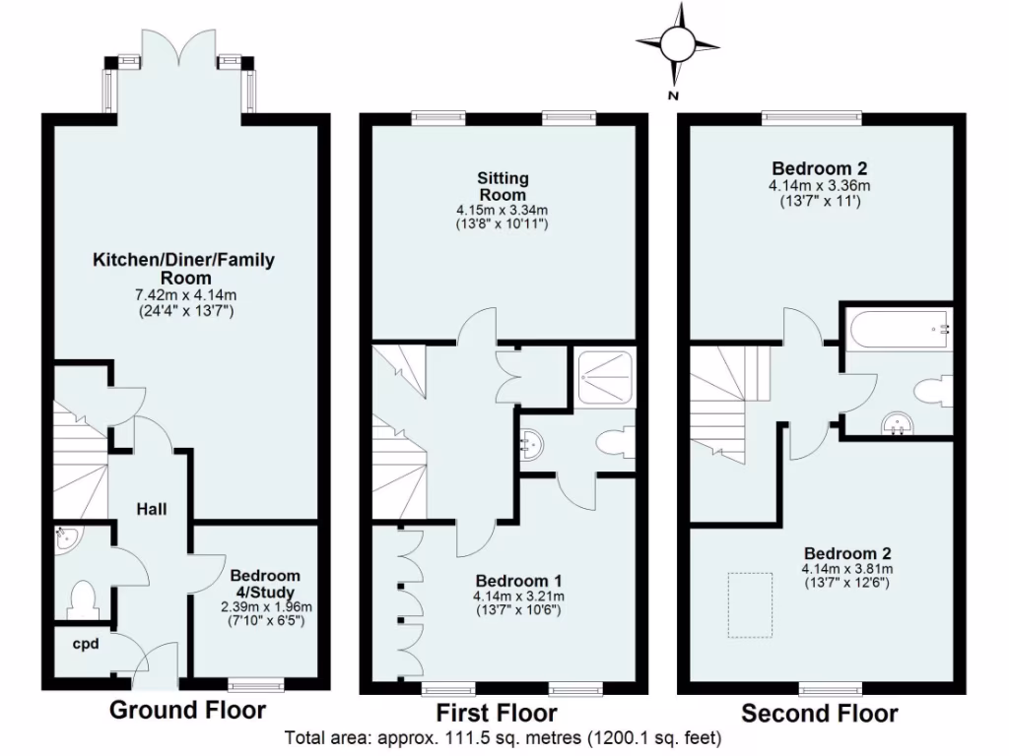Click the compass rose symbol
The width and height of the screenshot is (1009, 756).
677,43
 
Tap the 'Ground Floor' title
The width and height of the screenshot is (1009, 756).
186,710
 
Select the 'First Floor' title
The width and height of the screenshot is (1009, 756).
497,713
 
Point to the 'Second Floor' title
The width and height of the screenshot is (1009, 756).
819,713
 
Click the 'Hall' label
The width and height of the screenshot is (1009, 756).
151,509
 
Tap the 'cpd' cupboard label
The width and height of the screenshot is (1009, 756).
84,645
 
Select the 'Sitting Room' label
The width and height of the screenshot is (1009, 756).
503,187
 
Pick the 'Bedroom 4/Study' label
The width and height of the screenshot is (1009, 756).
264,584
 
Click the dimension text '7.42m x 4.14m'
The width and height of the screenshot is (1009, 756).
184,294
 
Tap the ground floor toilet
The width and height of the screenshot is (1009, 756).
83,598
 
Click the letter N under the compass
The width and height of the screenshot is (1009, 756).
674,95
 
